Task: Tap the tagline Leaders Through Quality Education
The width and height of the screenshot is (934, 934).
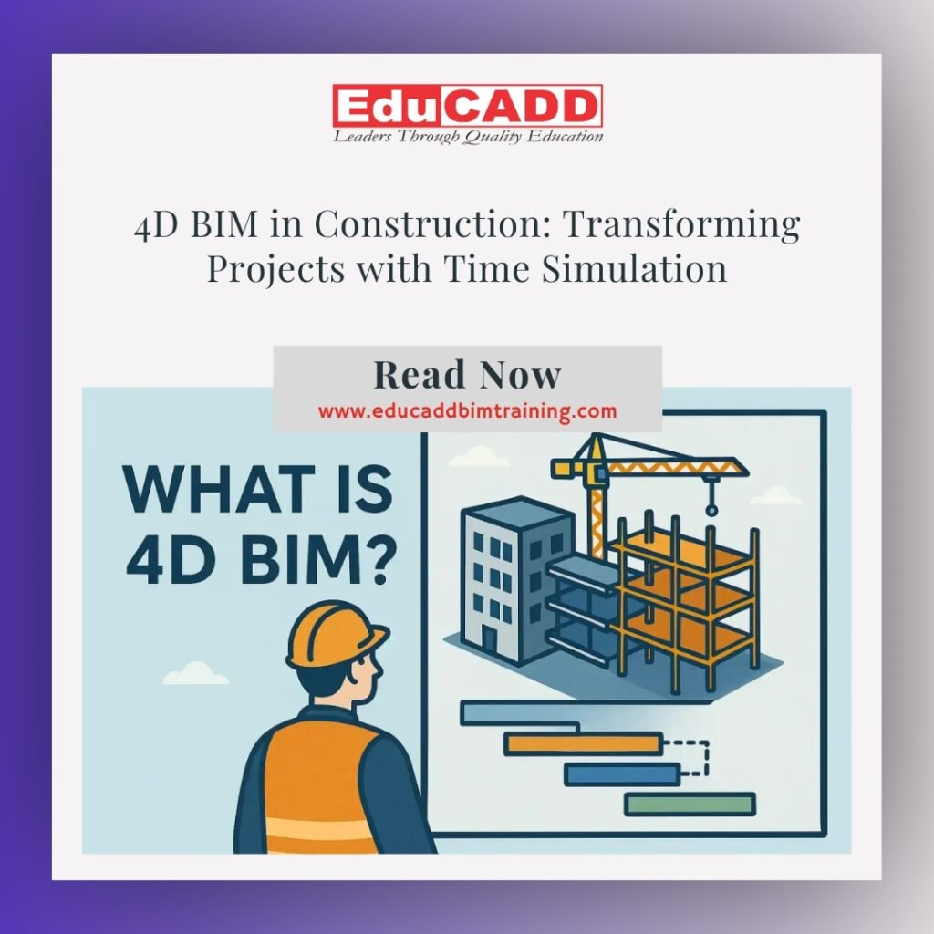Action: coord(468,137)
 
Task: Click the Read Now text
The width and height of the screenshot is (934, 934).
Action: coord(468,375)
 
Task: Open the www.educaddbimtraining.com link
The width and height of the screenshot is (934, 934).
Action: coord(468,411)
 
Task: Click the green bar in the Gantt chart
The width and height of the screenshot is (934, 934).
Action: coord(690,804)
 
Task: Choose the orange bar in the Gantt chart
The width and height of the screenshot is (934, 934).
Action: coord(583,743)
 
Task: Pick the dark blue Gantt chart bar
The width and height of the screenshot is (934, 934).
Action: coord(622,774)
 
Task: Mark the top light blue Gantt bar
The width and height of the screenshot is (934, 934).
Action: coord(519,713)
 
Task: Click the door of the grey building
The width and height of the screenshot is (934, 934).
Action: coord(489,639)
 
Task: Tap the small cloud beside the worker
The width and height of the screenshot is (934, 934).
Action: coord(195,674)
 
